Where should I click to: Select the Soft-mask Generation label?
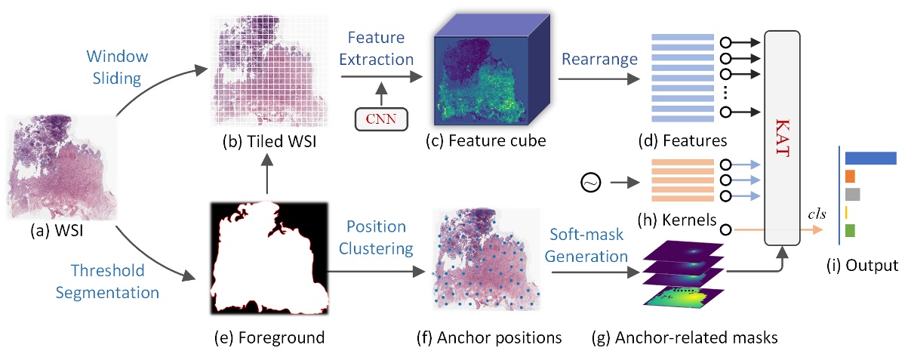point(587,246)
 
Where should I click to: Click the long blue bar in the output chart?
point(870,158)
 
